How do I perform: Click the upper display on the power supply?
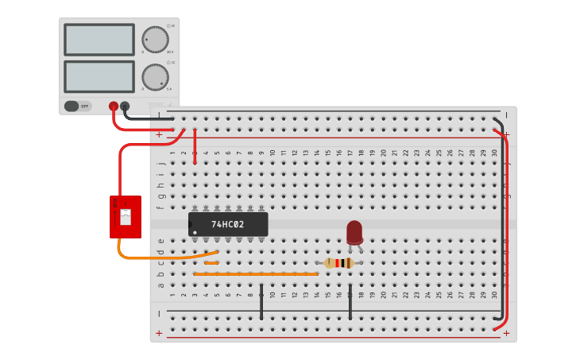coord(99,39)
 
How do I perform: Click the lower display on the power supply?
coord(99,76)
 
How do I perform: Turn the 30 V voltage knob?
coord(155,40)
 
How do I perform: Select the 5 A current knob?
coord(155,76)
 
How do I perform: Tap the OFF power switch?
coord(77,106)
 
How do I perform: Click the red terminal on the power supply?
coord(114,106)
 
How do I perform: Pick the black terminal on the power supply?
coord(125,106)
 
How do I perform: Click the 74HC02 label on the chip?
coord(228,224)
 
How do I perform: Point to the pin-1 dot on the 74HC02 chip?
coord(195,232)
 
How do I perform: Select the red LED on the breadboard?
coord(354,231)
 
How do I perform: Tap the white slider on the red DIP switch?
coord(125,217)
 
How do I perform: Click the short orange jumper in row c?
coord(211,262)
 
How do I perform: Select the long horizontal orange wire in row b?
coord(256,274)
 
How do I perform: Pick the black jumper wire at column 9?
coord(261,302)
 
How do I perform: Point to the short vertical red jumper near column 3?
coord(195,147)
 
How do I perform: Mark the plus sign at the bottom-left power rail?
coord(159,334)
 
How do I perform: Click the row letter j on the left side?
coord(160,153)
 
